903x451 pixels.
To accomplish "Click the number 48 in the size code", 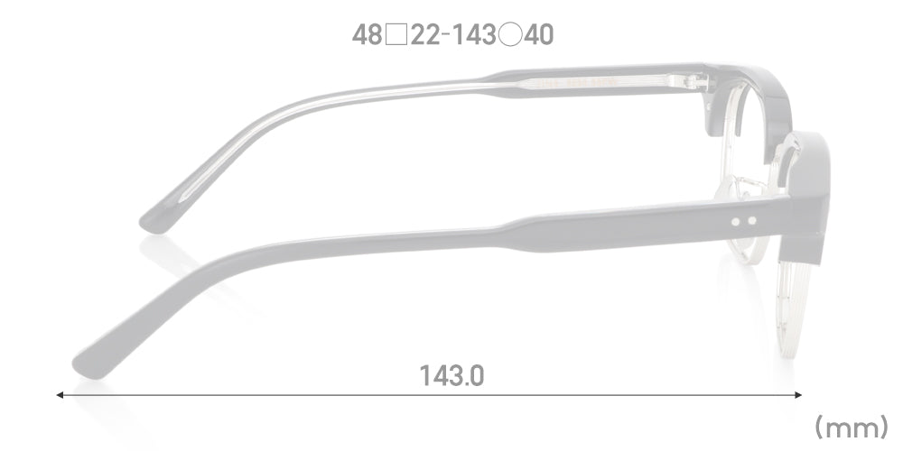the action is pyautogui.click(x=367, y=35).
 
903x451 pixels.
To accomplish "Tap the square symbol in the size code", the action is pyautogui.click(x=396, y=35).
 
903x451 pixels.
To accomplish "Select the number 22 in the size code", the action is pyautogui.click(x=425, y=35).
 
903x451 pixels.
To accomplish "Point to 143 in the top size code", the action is pyautogui.click(x=474, y=35).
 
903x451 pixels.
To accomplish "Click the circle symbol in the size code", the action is pyautogui.click(x=510, y=35).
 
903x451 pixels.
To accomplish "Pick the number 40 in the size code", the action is pyautogui.click(x=538, y=35).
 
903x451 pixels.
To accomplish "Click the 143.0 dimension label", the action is pyautogui.click(x=451, y=375).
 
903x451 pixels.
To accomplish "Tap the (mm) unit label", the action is pyautogui.click(x=852, y=428).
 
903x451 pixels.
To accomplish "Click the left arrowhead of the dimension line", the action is pyautogui.click(x=60, y=395).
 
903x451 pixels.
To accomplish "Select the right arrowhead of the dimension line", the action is pyautogui.click(x=798, y=395).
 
